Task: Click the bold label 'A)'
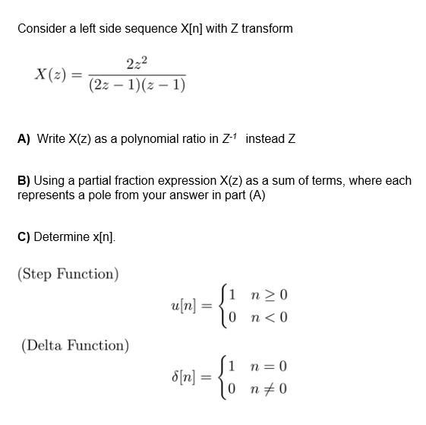(24, 139)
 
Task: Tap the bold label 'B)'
(24, 181)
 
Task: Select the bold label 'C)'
(24, 236)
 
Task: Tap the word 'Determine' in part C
(62, 236)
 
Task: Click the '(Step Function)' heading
(68, 274)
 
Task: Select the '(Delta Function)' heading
(74, 346)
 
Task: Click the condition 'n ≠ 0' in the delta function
(273, 390)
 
